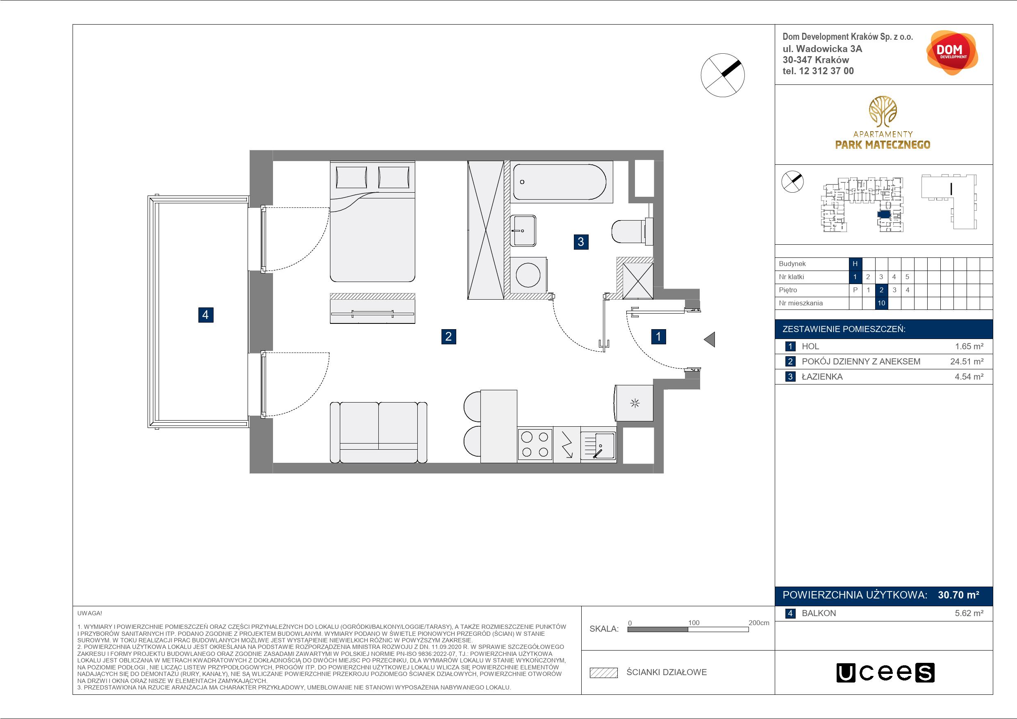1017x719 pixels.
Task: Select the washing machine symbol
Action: tap(528, 275)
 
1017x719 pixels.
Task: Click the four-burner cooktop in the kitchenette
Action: tap(535, 444)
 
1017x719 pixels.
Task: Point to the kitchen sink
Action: tap(598, 445)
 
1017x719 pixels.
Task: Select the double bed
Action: tap(373, 221)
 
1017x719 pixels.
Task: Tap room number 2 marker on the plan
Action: tap(449, 337)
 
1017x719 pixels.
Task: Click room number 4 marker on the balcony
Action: tap(205, 315)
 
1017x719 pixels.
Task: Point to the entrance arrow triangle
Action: tap(710, 340)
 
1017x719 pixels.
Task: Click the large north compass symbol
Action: tap(722, 75)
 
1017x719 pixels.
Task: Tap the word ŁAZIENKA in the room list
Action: tap(822, 377)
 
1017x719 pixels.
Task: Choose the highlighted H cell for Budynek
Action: tap(855, 264)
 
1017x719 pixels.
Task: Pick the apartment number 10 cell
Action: tap(881, 303)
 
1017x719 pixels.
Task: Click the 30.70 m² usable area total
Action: tap(958, 595)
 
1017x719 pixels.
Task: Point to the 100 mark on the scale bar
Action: tap(694, 622)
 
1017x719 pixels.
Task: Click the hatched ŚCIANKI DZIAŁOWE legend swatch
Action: tap(604, 673)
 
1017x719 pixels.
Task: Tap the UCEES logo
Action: tap(885, 673)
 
